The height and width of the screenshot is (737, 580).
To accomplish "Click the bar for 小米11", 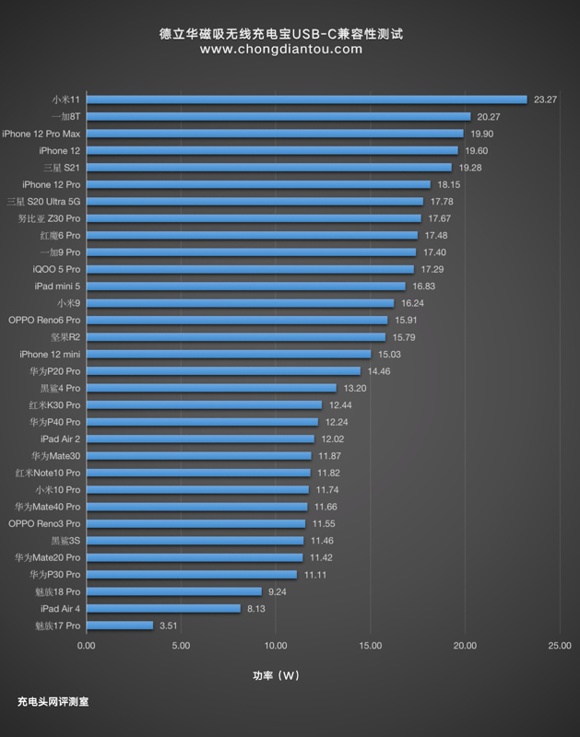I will coord(306,99).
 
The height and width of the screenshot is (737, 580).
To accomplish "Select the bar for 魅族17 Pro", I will coord(119,626).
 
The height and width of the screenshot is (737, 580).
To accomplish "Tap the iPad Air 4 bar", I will coord(163,609).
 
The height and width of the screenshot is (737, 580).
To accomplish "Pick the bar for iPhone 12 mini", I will coord(229,354).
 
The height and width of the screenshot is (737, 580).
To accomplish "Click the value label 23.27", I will coord(545,99).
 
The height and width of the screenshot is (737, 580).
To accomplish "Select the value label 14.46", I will coord(379,371).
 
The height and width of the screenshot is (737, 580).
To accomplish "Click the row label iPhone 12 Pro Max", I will coord(41,134).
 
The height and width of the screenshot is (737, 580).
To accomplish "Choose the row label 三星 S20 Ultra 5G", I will coord(43,202).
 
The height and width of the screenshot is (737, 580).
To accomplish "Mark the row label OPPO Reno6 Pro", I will coord(44,320).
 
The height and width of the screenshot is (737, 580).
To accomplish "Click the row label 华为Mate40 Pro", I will coord(47,507).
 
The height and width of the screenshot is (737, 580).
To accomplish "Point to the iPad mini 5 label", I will coord(56,286).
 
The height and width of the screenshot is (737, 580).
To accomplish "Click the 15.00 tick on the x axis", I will coord(370,646).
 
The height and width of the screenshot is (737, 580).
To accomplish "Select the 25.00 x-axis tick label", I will coord(560,646).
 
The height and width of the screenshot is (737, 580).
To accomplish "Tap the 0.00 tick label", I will coord(86,646).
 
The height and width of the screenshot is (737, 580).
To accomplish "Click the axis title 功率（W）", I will coord(278,675).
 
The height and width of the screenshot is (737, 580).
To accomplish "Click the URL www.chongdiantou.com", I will coord(281,50).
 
